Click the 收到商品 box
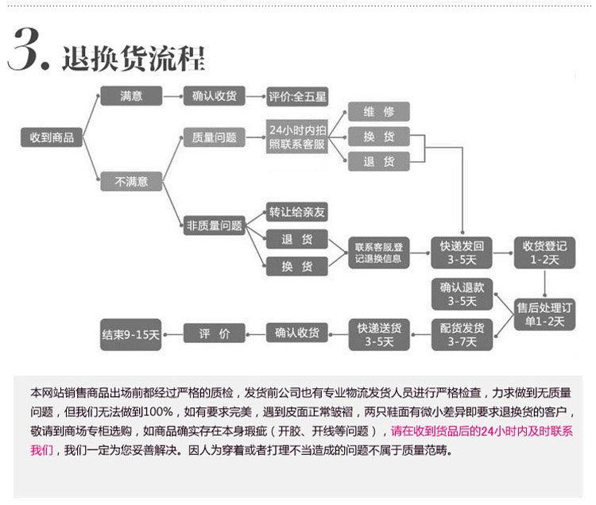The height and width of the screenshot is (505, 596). coord(52,137)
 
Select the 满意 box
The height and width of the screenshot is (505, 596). coord(131,95)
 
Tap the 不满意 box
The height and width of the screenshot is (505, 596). coord(131,181)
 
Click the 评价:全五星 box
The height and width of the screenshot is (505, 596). coord(298,97)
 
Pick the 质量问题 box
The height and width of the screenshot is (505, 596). coord(214,137)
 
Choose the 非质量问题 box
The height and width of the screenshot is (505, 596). coord(214,226)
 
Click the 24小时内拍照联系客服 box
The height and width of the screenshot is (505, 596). coord(297,137)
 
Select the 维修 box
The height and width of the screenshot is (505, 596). coord(378,112)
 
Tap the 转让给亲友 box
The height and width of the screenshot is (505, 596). coord(297,213)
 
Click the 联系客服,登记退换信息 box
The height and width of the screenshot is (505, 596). coord(378,252)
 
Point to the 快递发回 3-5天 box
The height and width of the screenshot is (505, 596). coord(462,252)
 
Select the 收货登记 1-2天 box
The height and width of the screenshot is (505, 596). coord(544,252)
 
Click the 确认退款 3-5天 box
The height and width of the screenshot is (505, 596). coord(462,294)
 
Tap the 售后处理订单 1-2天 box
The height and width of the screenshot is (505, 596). coord(544,314)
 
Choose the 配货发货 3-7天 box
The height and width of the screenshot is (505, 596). coord(462,334)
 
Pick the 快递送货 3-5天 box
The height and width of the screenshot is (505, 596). coord(378,334)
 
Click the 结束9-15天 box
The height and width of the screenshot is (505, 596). coord(131,334)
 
